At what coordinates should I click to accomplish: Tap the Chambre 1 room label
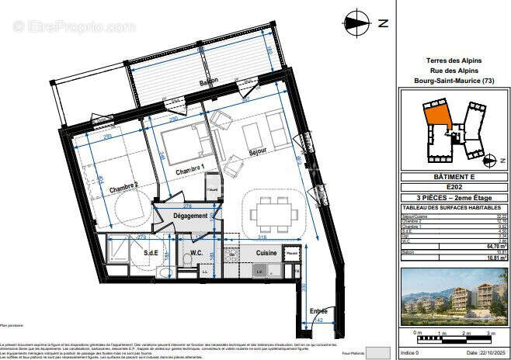coord(189,169)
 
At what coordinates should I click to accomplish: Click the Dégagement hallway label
coord(190,216)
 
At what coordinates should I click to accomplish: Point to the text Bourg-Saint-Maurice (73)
coord(454,81)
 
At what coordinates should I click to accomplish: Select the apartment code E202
coord(454,187)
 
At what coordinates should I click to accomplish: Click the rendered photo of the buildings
coord(454,296)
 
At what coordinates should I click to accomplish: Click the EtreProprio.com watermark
coord(75,26)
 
